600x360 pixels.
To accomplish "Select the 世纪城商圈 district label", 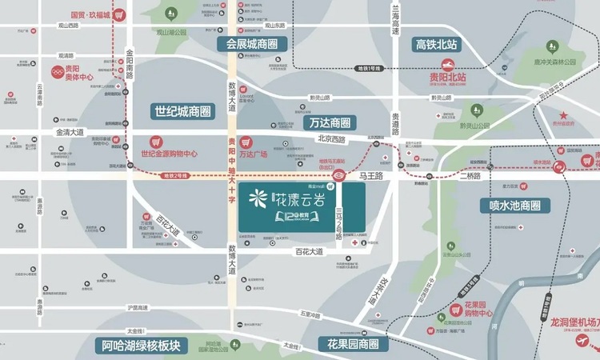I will click(182, 111).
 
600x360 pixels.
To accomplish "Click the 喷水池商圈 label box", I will click(515, 205).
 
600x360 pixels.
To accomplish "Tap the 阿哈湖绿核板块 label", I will click(141, 346).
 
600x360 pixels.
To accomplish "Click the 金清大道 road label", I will click(70, 131).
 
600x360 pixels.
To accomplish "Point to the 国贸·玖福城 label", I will click(90, 14).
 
